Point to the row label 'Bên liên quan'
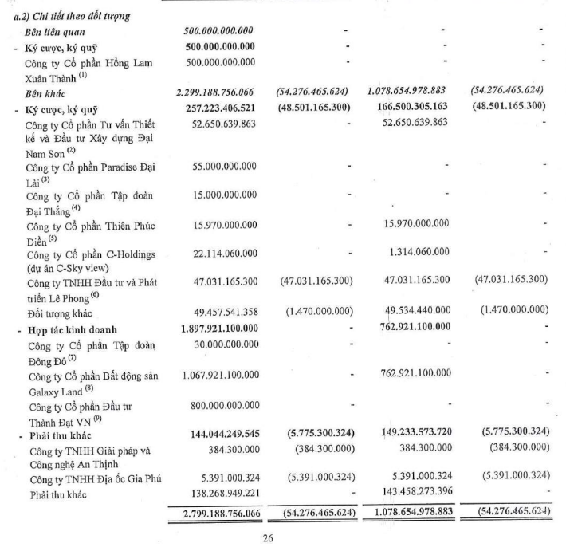[x=56, y=32]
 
